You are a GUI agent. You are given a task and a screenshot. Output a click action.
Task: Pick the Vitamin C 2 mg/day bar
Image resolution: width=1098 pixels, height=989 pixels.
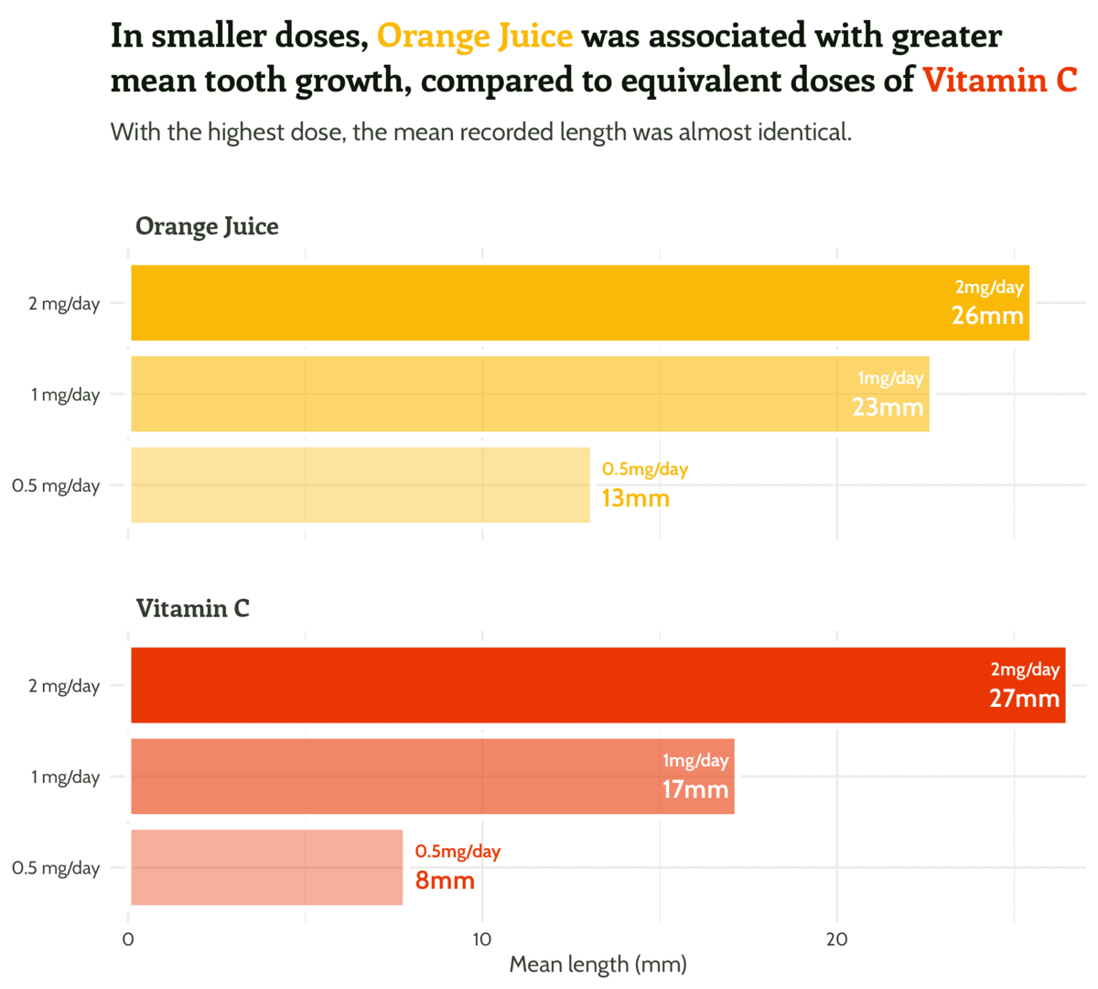coord(595,685)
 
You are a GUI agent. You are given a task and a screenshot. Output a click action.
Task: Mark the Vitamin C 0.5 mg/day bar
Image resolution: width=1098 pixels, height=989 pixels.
coord(266,867)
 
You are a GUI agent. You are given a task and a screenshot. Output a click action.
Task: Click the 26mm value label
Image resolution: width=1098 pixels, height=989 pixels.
coord(987,316)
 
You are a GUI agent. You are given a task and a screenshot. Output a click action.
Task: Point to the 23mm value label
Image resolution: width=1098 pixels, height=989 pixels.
coord(888,407)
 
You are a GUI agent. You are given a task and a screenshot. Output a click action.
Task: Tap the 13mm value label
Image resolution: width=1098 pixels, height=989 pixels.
coord(635,499)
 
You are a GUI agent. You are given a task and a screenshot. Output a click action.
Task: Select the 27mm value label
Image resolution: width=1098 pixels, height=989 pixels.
coord(1024,699)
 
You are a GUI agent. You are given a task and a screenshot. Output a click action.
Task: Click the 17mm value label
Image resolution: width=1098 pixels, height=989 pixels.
coord(695,789)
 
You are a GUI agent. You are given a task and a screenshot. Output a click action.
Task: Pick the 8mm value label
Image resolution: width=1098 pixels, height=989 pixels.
coord(445,881)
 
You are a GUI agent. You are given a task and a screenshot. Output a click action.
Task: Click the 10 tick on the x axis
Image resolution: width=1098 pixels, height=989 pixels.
coord(481,940)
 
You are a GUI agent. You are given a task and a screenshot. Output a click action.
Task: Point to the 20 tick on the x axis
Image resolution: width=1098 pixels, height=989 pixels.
coord(836,940)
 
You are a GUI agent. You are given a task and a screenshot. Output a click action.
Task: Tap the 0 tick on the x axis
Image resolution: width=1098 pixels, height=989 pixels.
coord(128,940)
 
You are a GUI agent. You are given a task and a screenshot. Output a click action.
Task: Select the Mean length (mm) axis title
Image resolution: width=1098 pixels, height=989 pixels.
coord(597,964)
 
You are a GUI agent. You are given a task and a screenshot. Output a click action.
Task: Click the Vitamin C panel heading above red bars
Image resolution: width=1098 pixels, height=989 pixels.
coord(192,608)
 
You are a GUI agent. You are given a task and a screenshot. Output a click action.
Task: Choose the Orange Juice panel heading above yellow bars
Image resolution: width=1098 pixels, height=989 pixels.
coord(207,226)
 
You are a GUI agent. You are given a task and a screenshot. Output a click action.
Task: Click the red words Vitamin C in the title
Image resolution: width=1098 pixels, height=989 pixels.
coord(999,81)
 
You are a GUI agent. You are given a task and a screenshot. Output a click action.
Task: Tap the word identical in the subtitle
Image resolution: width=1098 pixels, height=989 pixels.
coord(803,133)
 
